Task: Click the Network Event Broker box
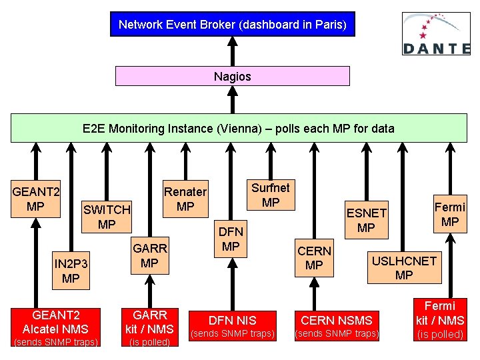232,25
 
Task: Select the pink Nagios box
232,76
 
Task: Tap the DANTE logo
436,33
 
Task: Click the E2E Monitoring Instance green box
238,128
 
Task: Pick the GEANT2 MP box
36,199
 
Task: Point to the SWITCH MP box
107,217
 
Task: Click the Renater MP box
185,199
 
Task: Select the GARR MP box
150,255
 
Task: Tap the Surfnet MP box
270,195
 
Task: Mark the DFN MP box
230,239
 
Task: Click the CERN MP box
314,258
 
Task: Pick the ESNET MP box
366,220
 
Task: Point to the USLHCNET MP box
404,267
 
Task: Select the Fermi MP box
450,214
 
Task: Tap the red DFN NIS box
233,325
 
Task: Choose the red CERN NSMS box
337,325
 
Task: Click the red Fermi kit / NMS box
440,320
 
